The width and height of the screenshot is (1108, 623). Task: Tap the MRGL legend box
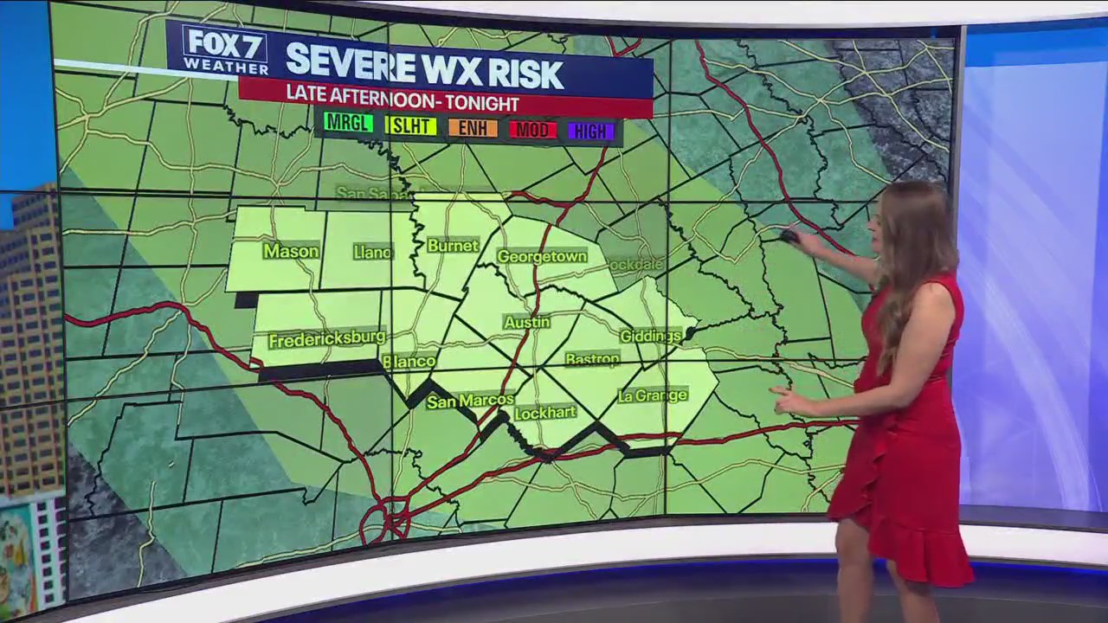348,124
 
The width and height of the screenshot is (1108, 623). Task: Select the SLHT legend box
410,126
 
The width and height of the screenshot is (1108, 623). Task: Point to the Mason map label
291,251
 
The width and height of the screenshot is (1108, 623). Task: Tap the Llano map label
373,252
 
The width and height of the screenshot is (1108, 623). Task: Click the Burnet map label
453,246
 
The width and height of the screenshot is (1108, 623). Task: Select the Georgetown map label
542,256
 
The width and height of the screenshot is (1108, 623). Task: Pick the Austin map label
527,322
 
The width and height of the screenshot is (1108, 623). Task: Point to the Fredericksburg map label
326,338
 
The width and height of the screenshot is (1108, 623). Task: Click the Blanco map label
409,361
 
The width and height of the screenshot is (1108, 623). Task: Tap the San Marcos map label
470,401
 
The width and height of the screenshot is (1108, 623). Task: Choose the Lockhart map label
544,413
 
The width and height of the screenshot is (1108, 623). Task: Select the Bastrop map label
592,358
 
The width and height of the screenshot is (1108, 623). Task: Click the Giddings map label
651,336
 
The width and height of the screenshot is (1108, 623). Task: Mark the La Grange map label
653,395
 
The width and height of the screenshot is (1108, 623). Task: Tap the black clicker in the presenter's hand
789,235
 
